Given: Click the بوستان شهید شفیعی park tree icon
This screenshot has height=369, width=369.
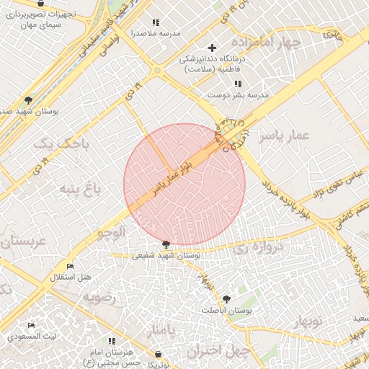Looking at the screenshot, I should click(166, 245).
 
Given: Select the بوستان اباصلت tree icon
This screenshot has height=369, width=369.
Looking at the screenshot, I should click(228, 298).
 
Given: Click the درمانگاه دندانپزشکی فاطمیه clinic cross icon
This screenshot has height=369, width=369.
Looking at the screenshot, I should click(212, 48).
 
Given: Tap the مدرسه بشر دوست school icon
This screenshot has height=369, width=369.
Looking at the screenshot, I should click(237, 84).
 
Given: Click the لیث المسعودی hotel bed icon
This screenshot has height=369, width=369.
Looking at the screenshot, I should click(31, 326).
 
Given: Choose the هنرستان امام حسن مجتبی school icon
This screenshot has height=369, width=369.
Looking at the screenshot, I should click(111, 341).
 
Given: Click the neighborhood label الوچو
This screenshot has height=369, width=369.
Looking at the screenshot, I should click(112, 232).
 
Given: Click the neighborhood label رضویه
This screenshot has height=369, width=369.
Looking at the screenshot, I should click(99, 296).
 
